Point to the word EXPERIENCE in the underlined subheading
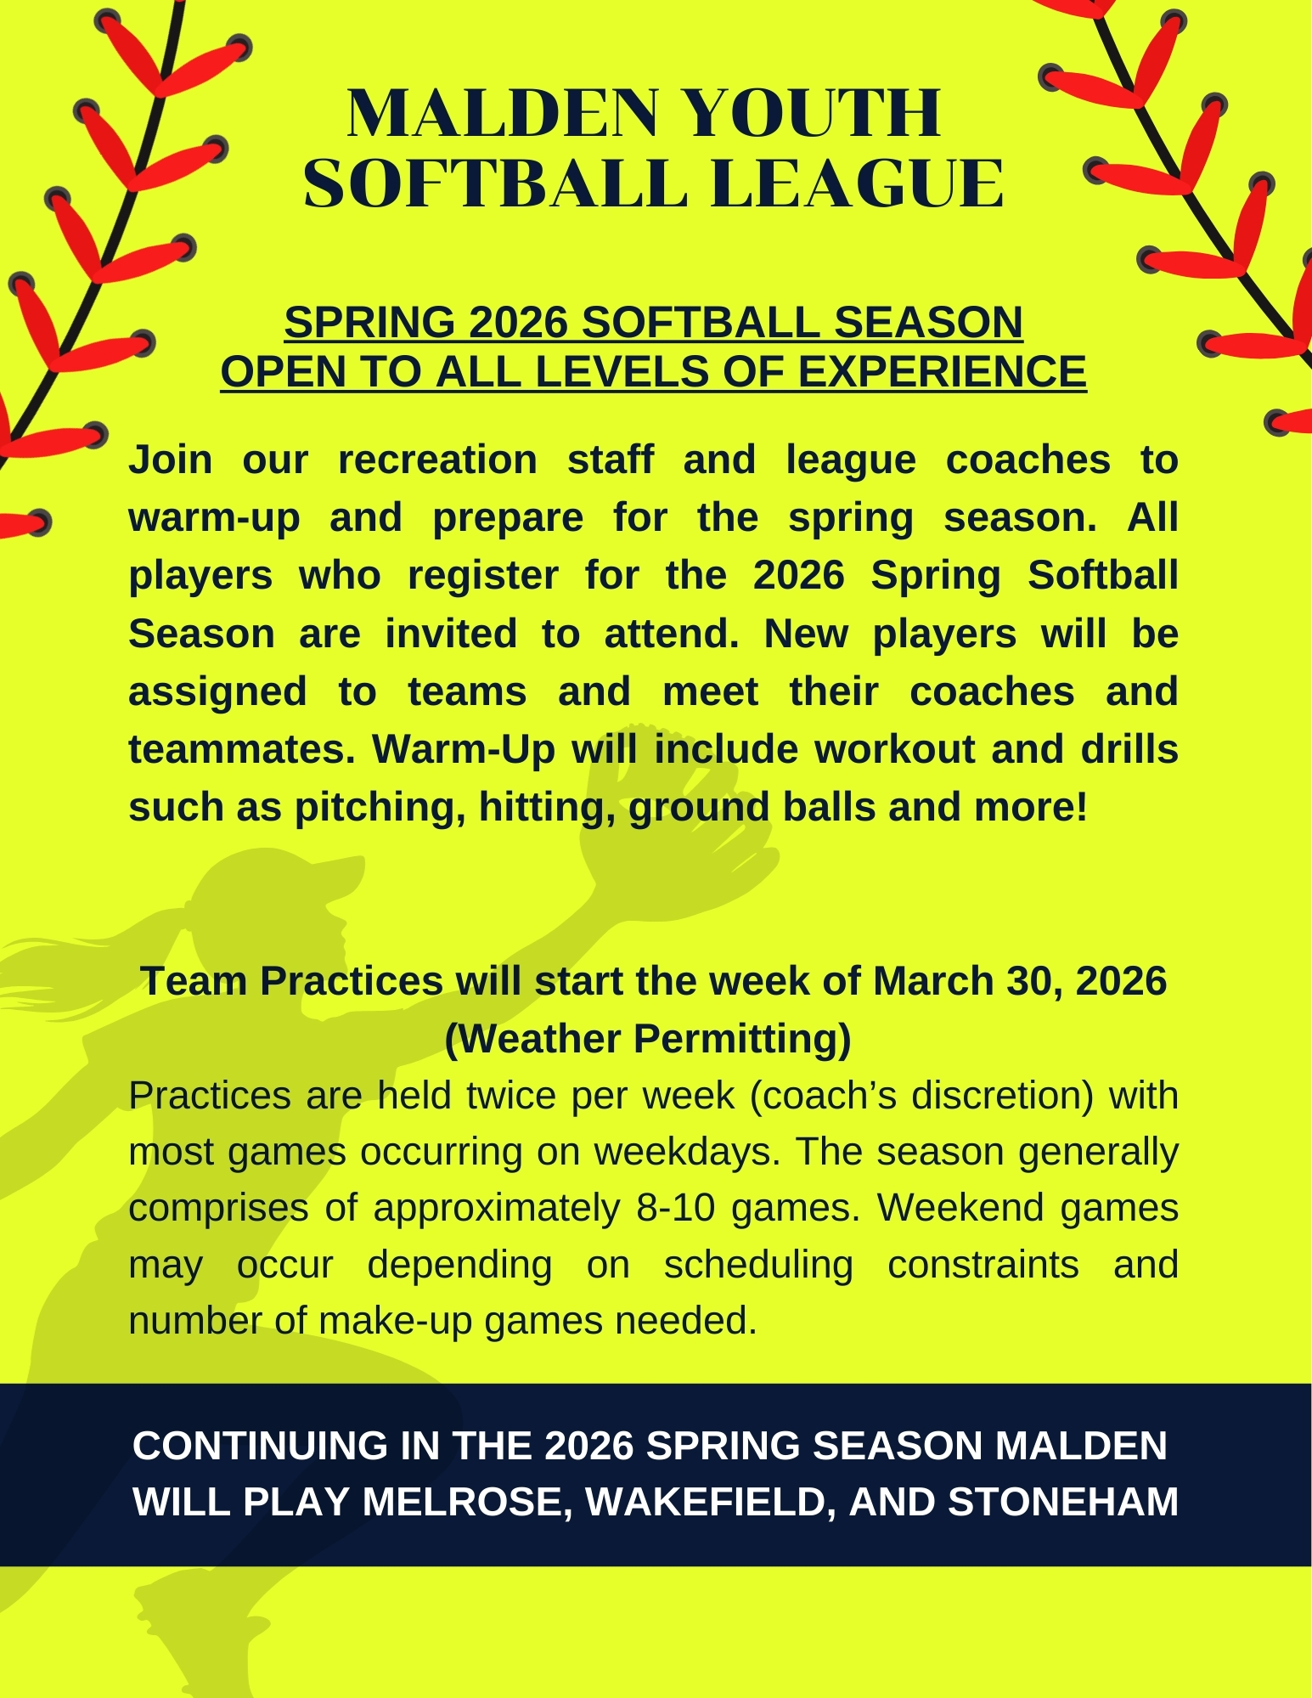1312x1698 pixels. [x=943, y=371]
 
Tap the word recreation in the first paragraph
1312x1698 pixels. [x=437, y=460]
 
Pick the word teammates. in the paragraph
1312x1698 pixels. [x=242, y=750]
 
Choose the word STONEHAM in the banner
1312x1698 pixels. [x=1063, y=1502]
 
